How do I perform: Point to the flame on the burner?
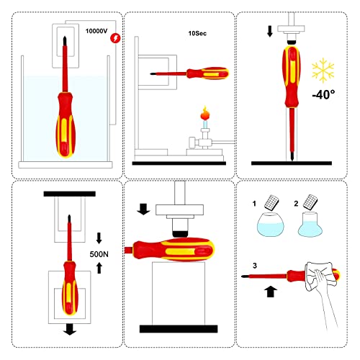tap(203, 113)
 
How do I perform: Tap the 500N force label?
tap(99, 254)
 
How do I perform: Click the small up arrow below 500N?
tap(99, 269)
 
